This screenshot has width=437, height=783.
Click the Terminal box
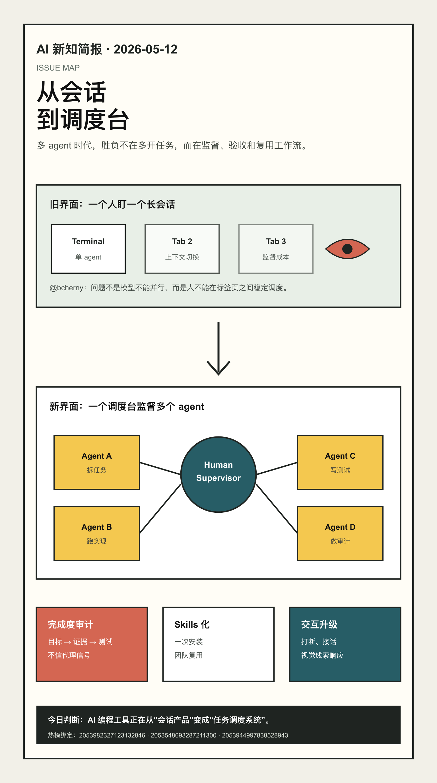click(x=88, y=249)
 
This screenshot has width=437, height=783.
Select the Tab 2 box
click(x=182, y=249)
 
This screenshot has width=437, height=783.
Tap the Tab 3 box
click(x=276, y=249)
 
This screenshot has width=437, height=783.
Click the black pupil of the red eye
click(x=347, y=249)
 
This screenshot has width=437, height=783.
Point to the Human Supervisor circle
click(x=218, y=475)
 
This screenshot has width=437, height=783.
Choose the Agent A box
click(x=97, y=462)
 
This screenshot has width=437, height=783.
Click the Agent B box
click(x=97, y=533)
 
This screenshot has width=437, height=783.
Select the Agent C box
click(x=340, y=462)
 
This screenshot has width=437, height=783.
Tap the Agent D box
click(x=340, y=533)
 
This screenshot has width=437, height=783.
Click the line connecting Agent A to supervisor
click(x=160, y=468)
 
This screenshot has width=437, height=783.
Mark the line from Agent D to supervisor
click(x=277, y=509)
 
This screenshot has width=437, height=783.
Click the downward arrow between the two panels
click(x=218, y=348)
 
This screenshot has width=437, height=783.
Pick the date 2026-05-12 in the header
click(x=146, y=49)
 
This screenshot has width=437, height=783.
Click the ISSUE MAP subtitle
click(x=58, y=68)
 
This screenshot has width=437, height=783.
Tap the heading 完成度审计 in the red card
click(x=71, y=625)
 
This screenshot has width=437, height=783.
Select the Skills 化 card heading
click(x=192, y=625)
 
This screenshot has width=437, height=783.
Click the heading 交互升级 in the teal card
click(x=319, y=625)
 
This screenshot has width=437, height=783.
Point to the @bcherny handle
click(x=66, y=288)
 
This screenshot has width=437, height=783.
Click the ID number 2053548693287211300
click(x=184, y=735)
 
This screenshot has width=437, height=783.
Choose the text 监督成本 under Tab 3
click(x=276, y=257)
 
